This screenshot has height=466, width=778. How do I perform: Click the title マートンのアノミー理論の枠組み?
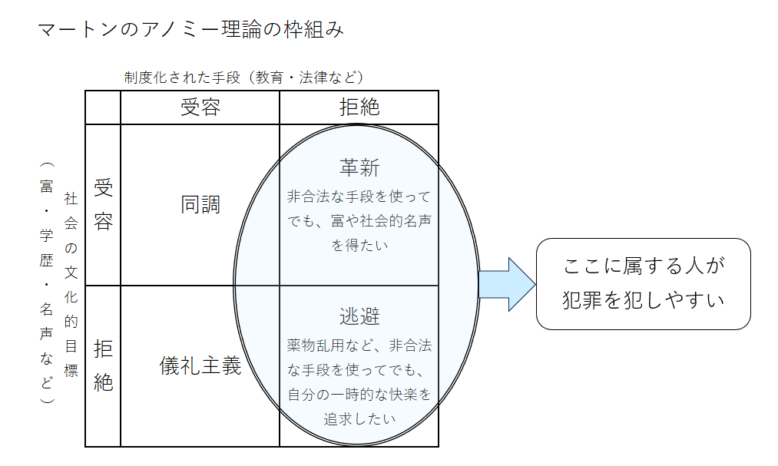[x=190, y=30]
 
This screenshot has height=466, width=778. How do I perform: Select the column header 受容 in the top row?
[x=200, y=107]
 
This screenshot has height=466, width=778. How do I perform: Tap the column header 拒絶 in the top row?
[x=359, y=107]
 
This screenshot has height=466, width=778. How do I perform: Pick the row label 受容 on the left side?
[x=103, y=204]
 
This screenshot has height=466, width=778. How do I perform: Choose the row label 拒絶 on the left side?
[x=103, y=367]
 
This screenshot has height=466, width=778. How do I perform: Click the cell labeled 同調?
[x=200, y=204]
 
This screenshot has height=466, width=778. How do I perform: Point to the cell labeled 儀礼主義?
[x=200, y=367]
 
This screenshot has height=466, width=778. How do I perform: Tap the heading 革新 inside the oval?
[x=359, y=168]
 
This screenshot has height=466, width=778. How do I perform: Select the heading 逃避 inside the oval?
[x=359, y=316]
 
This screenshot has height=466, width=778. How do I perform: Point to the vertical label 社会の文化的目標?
[x=71, y=284]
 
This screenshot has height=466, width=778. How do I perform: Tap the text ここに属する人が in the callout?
[x=644, y=266]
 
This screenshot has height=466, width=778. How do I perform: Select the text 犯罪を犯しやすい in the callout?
[x=644, y=300]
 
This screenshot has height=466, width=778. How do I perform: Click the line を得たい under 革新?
[x=359, y=246]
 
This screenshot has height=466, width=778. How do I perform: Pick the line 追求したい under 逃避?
[x=359, y=419]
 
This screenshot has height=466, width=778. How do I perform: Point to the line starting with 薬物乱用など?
[x=359, y=345]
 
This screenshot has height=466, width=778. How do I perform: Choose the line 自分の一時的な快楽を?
[x=359, y=395]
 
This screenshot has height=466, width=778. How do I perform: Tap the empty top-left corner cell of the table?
[x=103, y=107]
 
